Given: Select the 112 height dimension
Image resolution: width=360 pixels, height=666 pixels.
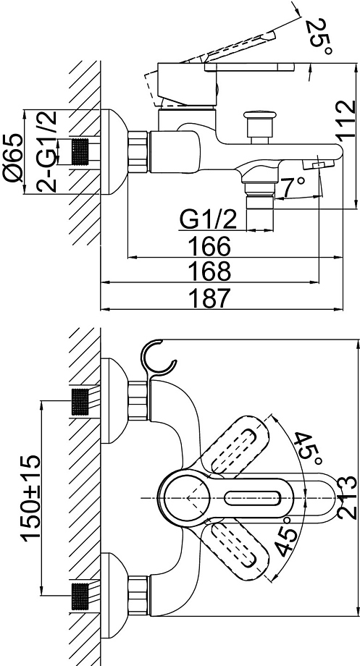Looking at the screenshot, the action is tap(346, 119).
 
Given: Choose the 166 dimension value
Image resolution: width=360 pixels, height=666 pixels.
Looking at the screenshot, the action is tap(209, 245).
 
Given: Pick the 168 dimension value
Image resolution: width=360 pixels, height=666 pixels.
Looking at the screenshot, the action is tap(209, 271).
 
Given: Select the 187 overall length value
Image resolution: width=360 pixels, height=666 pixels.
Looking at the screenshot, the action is tap(209, 298).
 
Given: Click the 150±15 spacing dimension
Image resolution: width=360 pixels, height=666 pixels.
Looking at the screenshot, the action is tap(32, 497).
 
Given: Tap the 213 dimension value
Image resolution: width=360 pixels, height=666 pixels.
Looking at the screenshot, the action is tap(345, 496).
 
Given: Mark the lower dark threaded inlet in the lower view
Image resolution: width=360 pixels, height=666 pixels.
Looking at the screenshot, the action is tap(80, 597).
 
